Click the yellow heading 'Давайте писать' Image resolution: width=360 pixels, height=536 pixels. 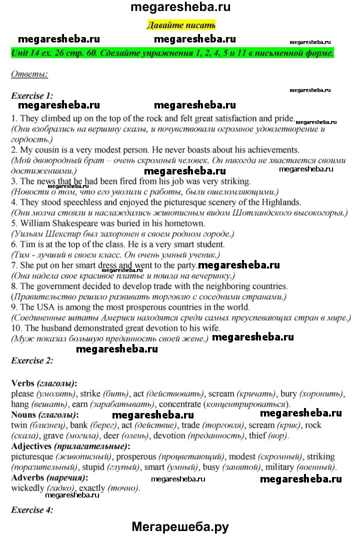click(181, 24)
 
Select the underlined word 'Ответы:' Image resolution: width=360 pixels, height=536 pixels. click(29, 75)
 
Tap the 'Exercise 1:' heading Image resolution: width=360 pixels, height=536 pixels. click(32, 95)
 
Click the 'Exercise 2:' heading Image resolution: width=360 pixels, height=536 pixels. click(32, 360)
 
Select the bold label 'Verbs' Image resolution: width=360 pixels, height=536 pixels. click(22, 383)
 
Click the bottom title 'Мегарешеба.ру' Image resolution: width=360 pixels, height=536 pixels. click(180, 526)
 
